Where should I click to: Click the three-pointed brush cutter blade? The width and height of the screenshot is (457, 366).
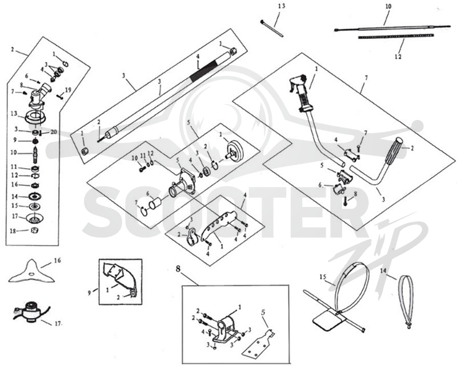[32, 273]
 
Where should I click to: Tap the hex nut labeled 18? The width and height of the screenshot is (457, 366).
[35, 230]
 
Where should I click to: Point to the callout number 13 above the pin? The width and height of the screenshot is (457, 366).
[281, 6]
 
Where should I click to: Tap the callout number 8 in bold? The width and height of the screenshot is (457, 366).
[178, 269]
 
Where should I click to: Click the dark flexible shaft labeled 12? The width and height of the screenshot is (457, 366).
[396, 36]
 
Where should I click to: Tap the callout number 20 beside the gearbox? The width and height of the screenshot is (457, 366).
[53, 132]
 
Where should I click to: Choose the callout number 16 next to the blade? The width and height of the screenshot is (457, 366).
[58, 260]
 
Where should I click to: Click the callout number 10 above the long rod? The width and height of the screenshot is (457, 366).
[388, 6]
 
